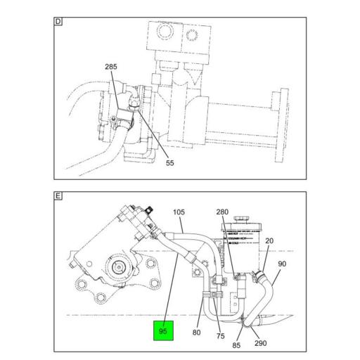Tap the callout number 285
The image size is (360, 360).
pyautogui.click(x=112, y=67)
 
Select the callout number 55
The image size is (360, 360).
pyautogui.click(x=169, y=163)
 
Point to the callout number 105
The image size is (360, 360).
pyautogui.click(x=179, y=211)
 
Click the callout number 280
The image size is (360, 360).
pyautogui.click(x=222, y=212)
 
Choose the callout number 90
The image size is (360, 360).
pyautogui.click(x=282, y=264)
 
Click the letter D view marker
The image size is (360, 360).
pyautogui.click(x=59, y=22)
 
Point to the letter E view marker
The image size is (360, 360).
pyautogui.click(x=59, y=195)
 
